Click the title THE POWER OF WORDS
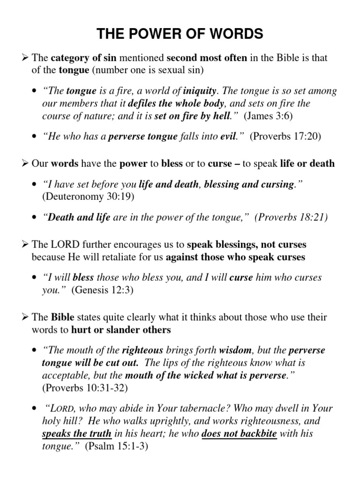coord(180,34)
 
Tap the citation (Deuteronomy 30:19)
coord(88,196)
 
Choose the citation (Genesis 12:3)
coord(103,290)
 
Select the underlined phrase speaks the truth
coord(77,434)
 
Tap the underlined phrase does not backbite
coord(239,434)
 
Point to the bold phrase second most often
coord(207,58)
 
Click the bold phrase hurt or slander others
coord(121,330)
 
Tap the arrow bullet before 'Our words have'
coord(26,164)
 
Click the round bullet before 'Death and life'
coord(36,218)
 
